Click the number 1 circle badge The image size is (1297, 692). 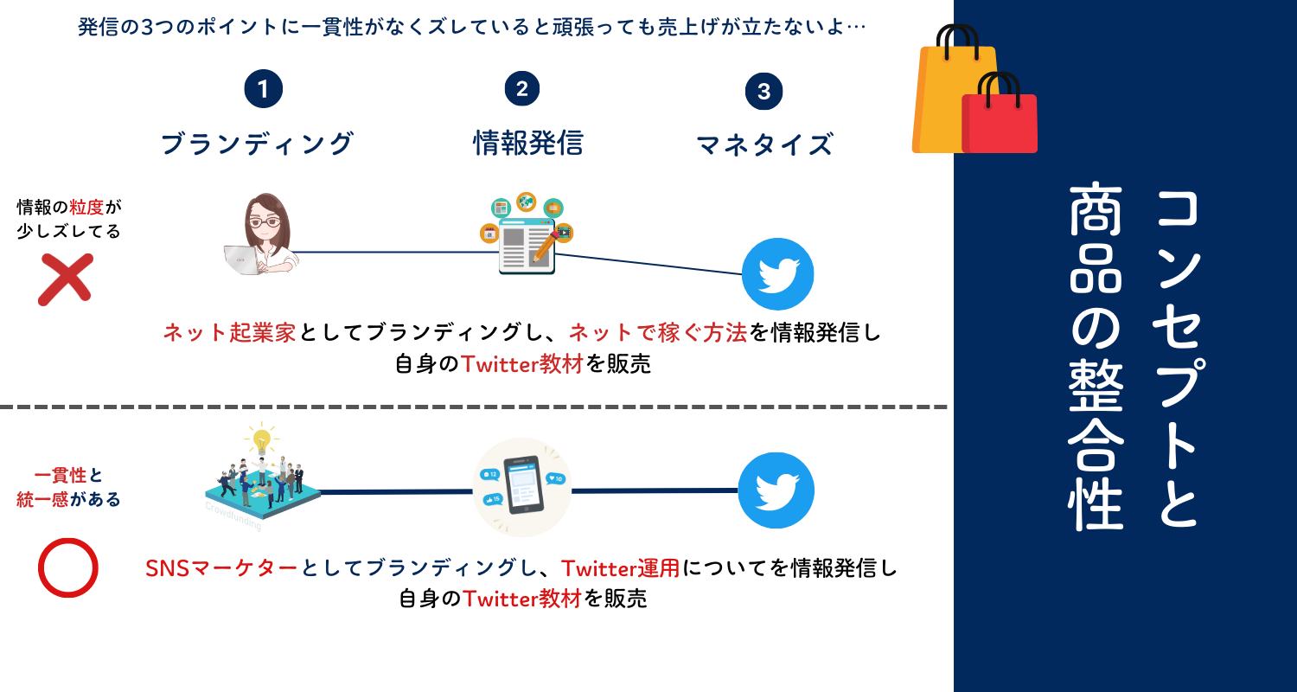(x=264, y=89)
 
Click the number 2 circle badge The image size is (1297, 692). (x=521, y=89)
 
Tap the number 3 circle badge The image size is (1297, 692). (x=764, y=92)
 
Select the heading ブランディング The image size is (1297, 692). (x=258, y=143)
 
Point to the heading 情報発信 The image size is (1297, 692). (x=527, y=143)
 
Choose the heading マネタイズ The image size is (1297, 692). (x=764, y=144)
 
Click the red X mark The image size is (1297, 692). (x=65, y=279)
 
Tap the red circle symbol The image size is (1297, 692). (x=68, y=567)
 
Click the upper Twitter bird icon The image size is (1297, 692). (x=777, y=274)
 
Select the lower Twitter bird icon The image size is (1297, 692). (x=776, y=490)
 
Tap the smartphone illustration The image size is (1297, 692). (x=522, y=487)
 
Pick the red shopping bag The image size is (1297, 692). (x=1000, y=119)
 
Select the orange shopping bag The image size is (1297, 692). (x=947, y=95)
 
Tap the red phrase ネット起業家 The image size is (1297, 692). (x=230, y=333)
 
